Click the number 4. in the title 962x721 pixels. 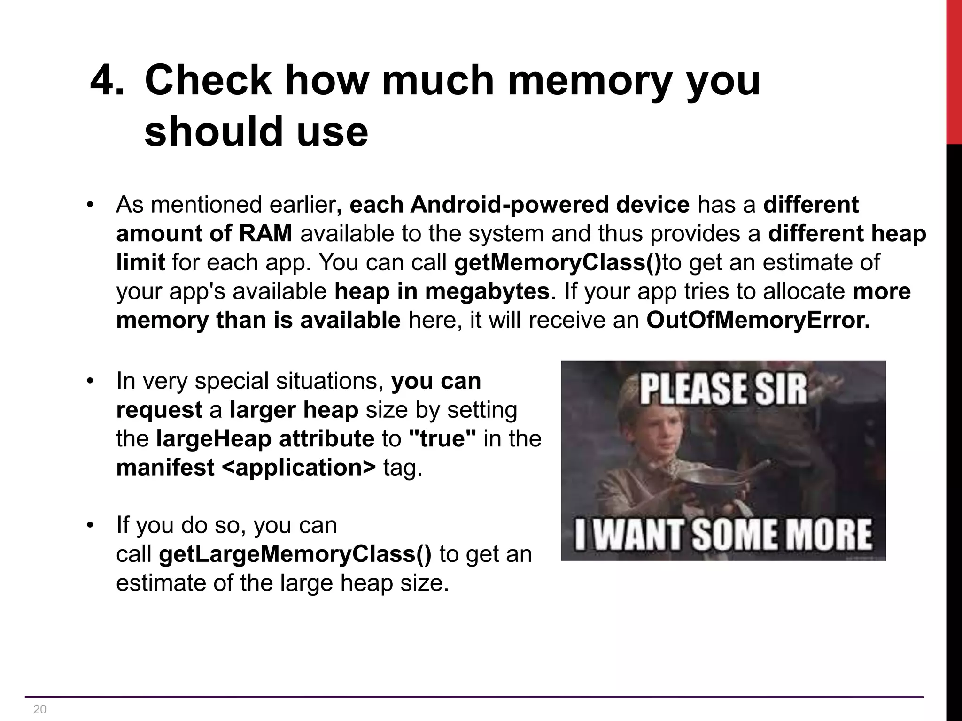pyautogui.click(x=107, y=80)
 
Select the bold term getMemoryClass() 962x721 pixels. pyautogui.click(x=558, y=262)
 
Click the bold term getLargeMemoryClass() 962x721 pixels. pyautogui.click(x=295, y=554)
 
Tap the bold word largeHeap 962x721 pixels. pyautogui.click(x=214, y=438)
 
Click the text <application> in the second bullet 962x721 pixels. pyautogui.click(x=298, y=468)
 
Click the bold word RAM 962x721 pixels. pyautogui.click(x=265, y=233)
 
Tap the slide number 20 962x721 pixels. pyautogui.click(x=40, y=709)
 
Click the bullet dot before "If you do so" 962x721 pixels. pyautogui.click(x=90, y=525)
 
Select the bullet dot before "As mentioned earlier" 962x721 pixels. pyautogui.click(x=90, y=205)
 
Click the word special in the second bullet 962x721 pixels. pyautogui.click(x=232, y=381)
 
